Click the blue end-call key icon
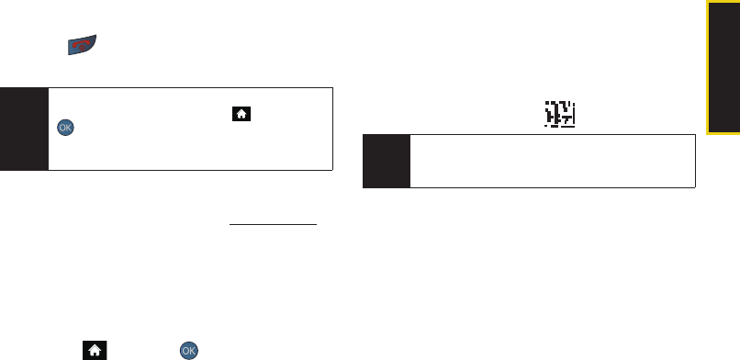tap(82, 45)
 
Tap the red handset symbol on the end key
tap(82, 45)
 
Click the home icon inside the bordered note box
tap(241, 114)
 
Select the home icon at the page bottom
tap(95, 350)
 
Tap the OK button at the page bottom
tap(189, 351)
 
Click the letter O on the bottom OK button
tap(185, 351)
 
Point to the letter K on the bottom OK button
tap(192, 351)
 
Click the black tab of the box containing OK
tap(24, 129)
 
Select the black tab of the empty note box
tap(387, 161)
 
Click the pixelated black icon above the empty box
tap(560, 114)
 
